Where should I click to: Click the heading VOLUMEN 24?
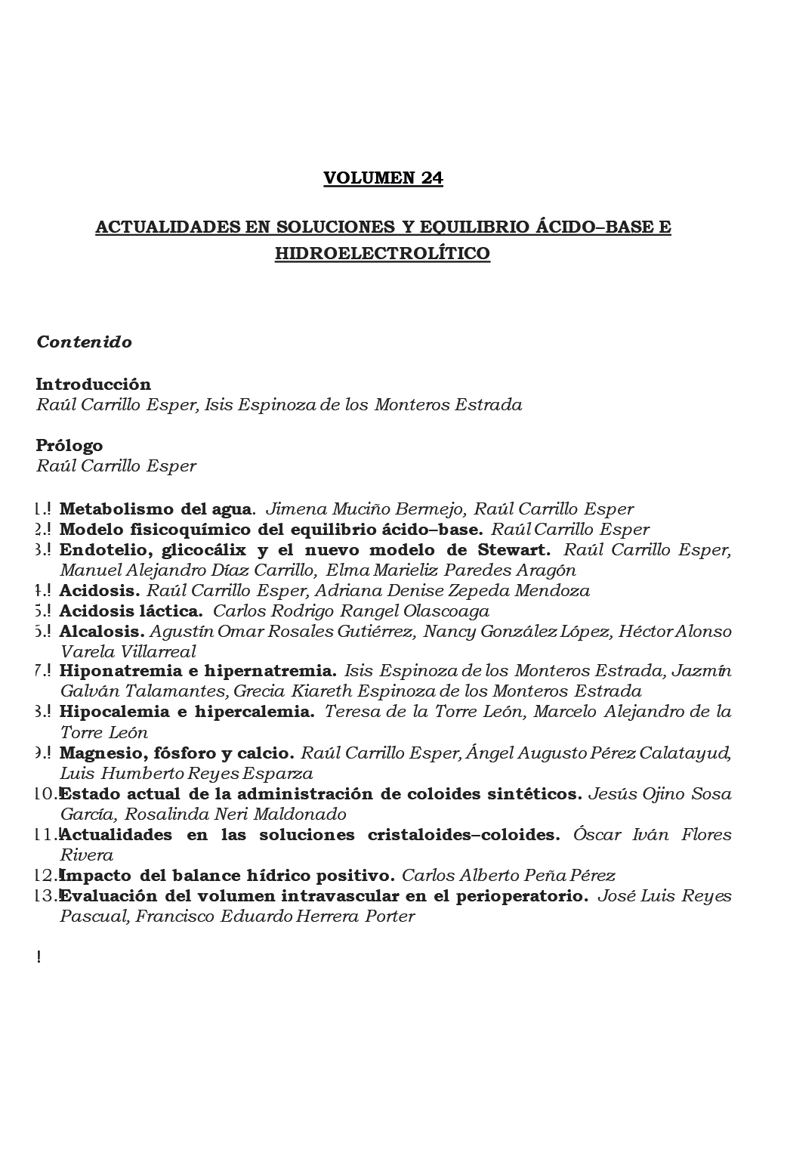click(x=383, y=178)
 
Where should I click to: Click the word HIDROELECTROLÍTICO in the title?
click(x=382, y=253)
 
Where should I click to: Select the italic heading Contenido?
click(x=84, y=342)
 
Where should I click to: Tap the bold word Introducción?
click(x=93, y=384)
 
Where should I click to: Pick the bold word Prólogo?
click(x=69, y=445)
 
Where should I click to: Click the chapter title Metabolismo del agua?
click(x=155, y=509)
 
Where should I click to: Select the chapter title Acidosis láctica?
click(x=131, y=611)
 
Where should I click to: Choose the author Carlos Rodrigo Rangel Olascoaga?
click(x=351, y=611)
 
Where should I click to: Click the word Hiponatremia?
click(x=115, y=671)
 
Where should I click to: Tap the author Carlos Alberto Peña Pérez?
click(x=508, y=876)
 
